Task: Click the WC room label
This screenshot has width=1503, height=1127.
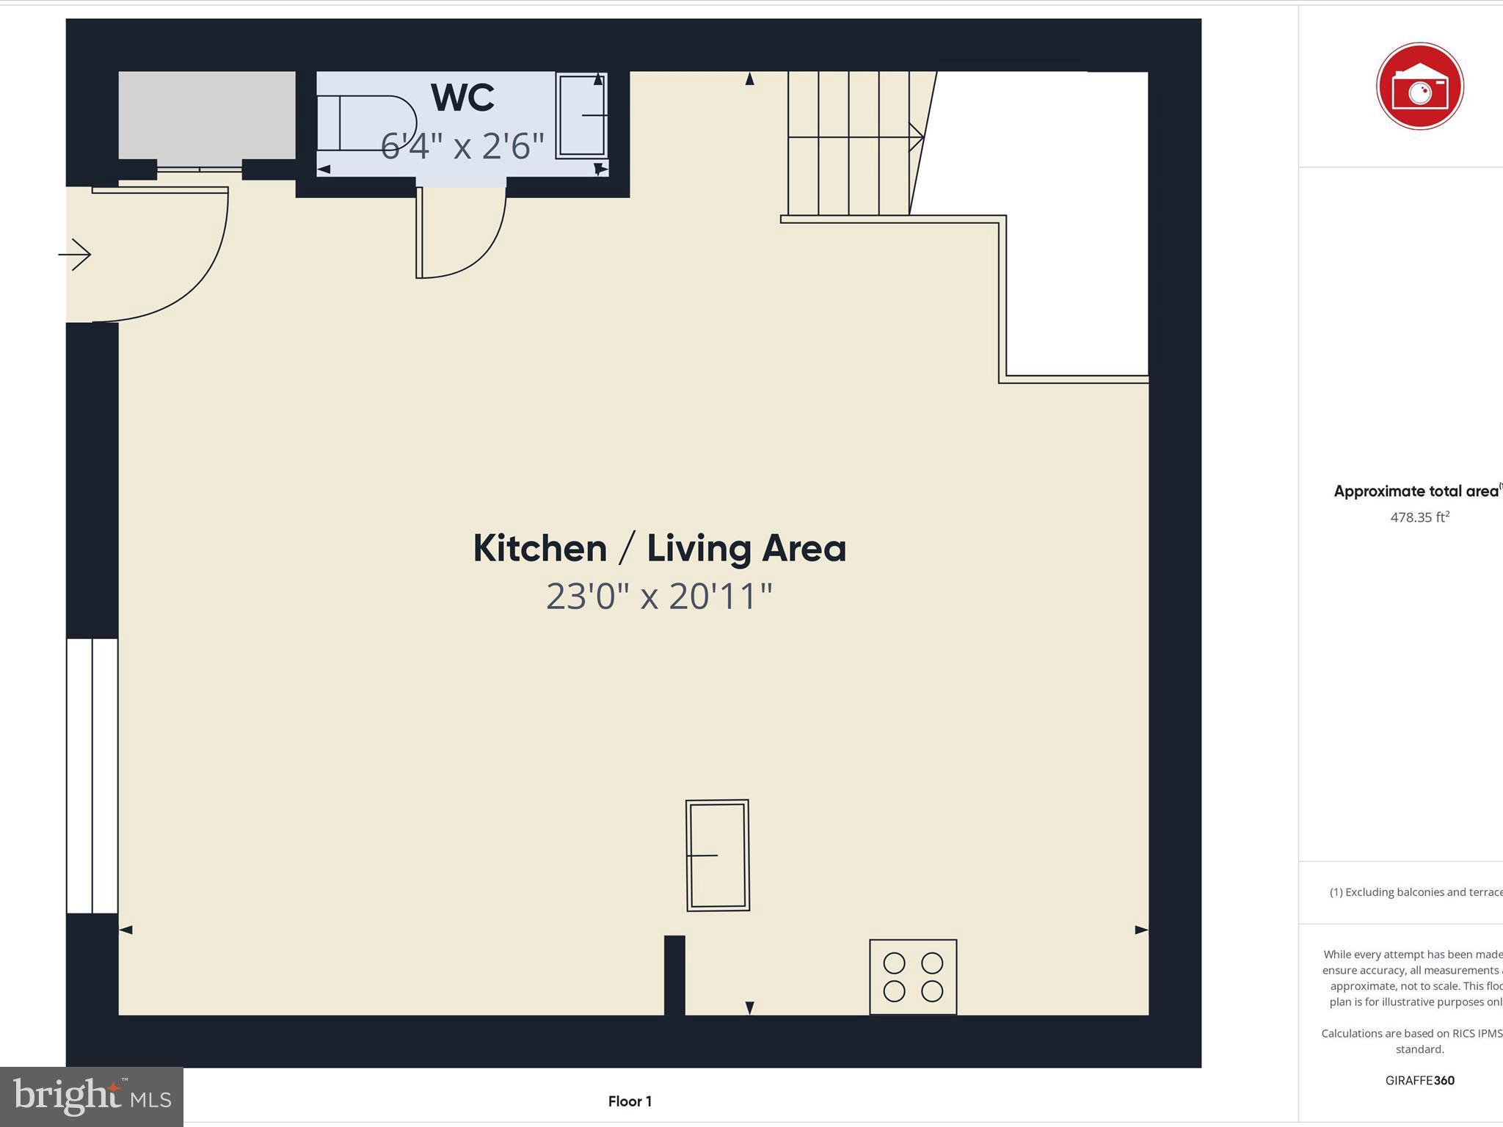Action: tap(462, 98)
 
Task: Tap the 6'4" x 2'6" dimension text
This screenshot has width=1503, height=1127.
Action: tap(462, 146)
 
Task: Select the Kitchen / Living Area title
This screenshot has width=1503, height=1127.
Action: tap(659, 549)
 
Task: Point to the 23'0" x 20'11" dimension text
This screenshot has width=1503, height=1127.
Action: tap(659, 596)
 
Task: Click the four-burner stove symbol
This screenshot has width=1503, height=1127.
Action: tap(913, 977)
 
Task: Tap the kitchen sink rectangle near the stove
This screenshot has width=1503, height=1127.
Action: tap(717, 856)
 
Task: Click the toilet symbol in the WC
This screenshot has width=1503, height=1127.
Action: tap(374, 123)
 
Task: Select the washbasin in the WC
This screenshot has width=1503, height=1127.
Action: tap(581, 115)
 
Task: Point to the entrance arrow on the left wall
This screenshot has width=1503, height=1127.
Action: tap(75, 255)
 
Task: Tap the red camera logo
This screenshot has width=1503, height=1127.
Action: tap(1419, 87)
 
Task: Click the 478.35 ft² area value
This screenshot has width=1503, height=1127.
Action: tap(1419, 517)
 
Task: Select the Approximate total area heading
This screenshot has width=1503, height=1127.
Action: tap(1416, 492)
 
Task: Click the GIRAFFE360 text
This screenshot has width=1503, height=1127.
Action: tap(1419, 1080)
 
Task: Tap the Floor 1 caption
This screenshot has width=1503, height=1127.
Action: tap(630, 1101)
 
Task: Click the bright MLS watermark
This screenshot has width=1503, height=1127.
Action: tap(92, 1096)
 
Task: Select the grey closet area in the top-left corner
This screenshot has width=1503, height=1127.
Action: tap(207, 115)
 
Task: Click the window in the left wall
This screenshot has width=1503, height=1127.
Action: tap(92, 776)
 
